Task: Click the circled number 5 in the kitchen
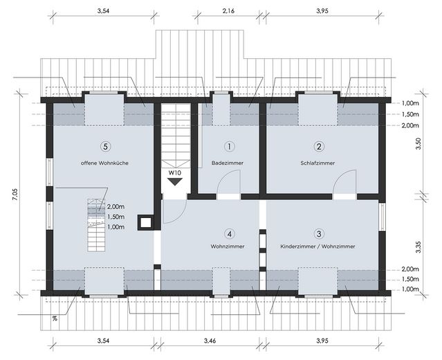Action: (104, 146)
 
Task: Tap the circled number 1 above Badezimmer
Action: (229, 146)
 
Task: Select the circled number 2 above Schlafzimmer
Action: (319, 146)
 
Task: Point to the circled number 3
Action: (319, 233)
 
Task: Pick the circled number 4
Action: (229, 233)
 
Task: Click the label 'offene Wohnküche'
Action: (105, 163)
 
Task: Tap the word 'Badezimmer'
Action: (228, 163)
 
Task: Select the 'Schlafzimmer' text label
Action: (318, 163)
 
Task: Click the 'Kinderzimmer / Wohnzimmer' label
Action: (318, 246)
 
